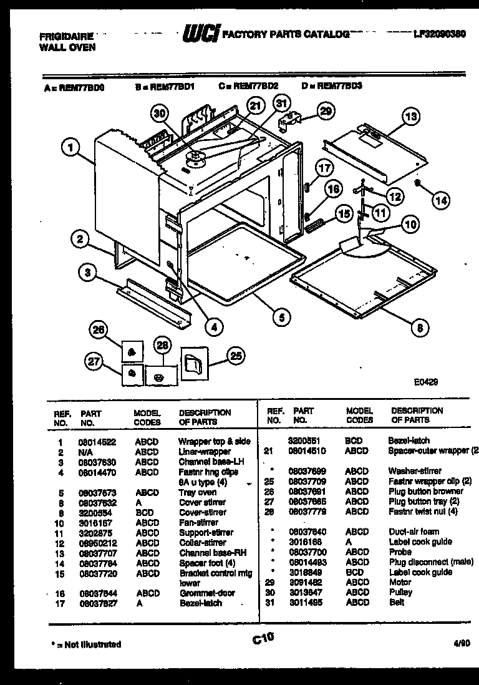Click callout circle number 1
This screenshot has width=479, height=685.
(x=71, y=148)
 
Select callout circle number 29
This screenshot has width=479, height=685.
(x=325, y=112)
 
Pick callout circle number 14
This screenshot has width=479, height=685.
(x=441, y=200)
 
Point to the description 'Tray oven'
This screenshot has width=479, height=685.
(x=198, y=492)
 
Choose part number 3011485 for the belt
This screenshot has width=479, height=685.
(x=307, y=602)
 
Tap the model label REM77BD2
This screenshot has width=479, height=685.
(x=256, y=88)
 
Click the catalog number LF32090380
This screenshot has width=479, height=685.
(x=440, y=35)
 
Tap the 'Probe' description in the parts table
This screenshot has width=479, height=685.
(x=400, y=552)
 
